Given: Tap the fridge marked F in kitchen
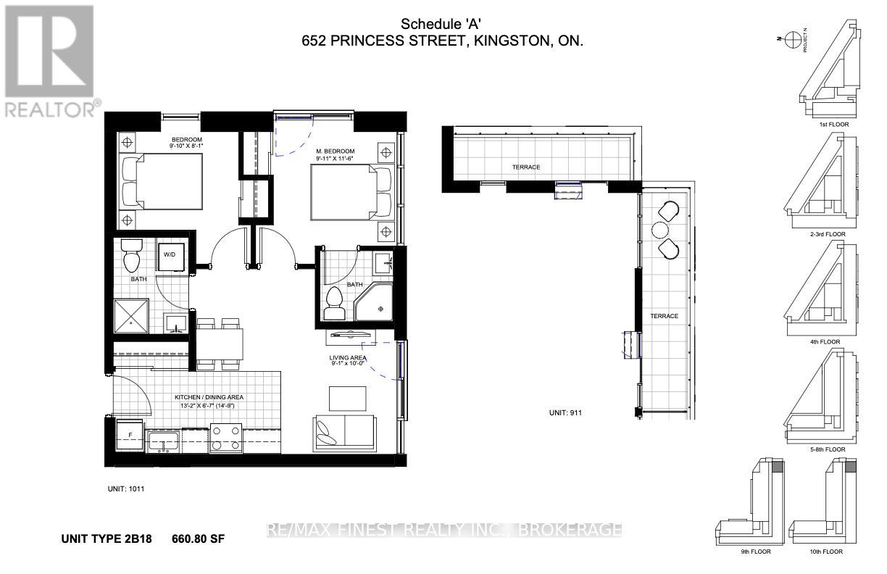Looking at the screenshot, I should [x=130, y=435].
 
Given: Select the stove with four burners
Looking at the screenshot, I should [x=225, y=438].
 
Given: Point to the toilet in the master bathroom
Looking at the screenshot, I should [x=335, y=303].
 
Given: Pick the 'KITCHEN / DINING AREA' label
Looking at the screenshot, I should [x=208, y=397].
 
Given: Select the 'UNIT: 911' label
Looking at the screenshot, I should [x=566, y=412].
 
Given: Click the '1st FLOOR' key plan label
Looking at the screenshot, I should [x=833, y=125].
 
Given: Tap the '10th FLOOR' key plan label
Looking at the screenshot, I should [x=825, y=552].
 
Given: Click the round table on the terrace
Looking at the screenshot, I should [x=660, y=230].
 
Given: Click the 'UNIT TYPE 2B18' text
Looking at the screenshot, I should [x=109, y=538].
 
